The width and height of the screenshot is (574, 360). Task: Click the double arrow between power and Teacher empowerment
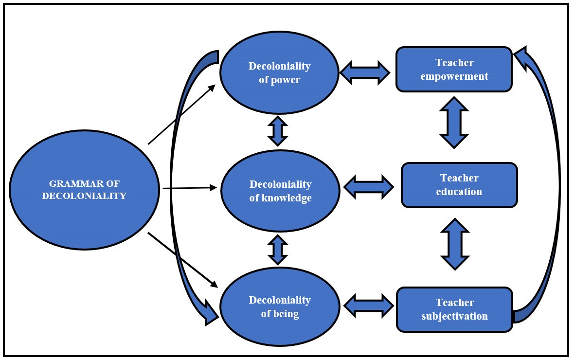(365, 72)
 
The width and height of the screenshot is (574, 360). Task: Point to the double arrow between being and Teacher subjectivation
(368, 306)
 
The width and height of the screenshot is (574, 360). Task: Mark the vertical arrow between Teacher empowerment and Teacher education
(454, 122)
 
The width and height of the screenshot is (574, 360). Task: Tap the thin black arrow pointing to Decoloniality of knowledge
(190, 188)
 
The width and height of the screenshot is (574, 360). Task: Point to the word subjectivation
(454, 316)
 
